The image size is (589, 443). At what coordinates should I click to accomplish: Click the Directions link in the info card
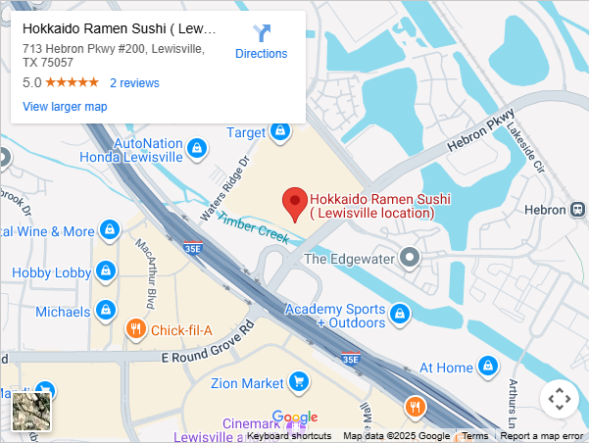tap(261, 42)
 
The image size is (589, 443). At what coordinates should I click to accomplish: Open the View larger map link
tap(65, 107)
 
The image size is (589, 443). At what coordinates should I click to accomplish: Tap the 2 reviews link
tap(134, 83)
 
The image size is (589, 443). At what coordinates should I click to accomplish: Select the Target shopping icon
tap(282, 132)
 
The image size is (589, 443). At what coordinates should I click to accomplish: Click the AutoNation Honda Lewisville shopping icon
tap(198, 149)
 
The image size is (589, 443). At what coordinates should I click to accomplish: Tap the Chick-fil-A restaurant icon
tap(136, 330)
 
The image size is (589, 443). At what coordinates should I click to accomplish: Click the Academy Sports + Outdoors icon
tap(399, 315)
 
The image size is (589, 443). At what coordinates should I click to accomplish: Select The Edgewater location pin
tap(412, 259)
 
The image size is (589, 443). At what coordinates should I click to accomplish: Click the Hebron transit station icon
tap(579, 210)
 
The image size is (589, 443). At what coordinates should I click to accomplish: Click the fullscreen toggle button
tap(560, 399)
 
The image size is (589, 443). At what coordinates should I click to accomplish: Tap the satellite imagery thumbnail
tap(31, 411)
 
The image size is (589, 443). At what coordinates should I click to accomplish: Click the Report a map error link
tap(542, 436)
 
